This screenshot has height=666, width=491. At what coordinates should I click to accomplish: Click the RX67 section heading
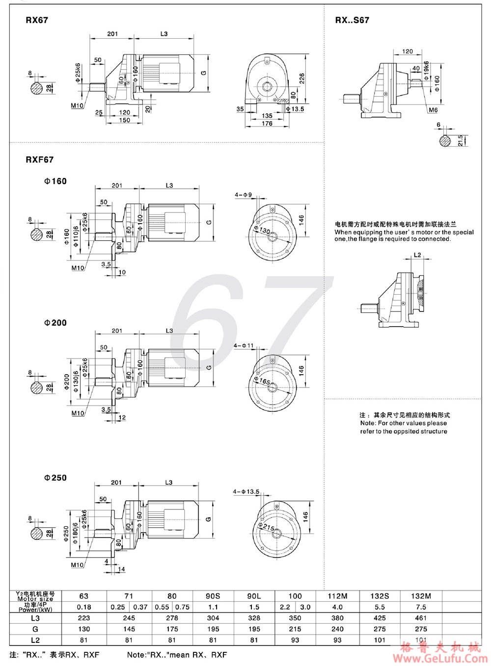point(37,21)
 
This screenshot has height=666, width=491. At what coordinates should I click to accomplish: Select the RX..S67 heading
point(352,20)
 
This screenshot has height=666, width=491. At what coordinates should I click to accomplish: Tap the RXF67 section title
point(40,160)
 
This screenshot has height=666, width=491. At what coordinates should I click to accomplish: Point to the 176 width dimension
point(266,124)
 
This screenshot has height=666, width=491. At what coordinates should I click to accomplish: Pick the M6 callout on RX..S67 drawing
point(433,110)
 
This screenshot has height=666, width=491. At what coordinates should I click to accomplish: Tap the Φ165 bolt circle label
point(265,381)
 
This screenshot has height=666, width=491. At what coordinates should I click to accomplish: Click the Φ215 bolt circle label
point(268,526)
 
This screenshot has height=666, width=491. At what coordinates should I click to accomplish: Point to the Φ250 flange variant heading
point(55,478)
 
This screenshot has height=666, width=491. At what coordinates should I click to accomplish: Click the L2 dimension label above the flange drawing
point(417,255)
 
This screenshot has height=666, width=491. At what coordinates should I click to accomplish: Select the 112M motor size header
point(337,596)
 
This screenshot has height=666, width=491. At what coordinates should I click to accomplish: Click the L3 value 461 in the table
point(421,618)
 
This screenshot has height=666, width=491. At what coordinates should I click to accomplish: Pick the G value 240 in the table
point(337,629)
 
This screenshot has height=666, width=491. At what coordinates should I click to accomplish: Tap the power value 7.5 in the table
point(421,607)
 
